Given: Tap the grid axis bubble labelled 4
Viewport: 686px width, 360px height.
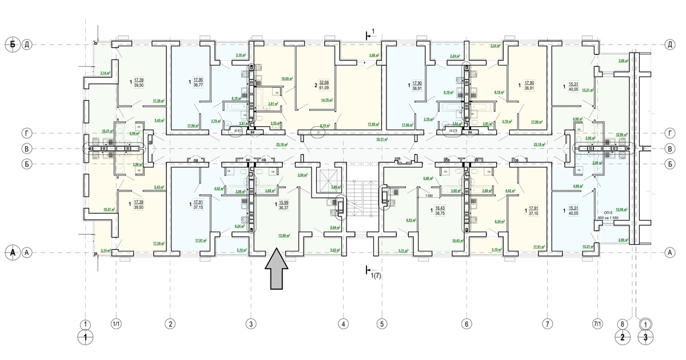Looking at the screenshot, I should [343, 324].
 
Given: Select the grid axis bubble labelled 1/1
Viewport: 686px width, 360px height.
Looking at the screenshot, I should [117, 324].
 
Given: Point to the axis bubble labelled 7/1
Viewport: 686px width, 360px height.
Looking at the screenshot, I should [598, 324].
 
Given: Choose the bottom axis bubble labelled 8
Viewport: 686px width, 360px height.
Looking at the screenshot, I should [622, 324].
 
